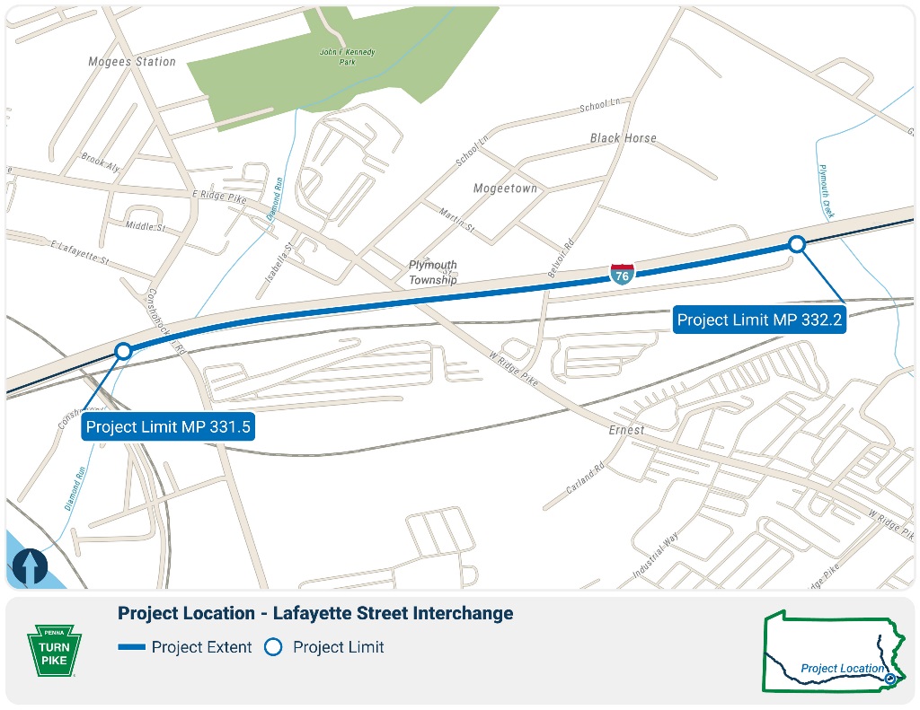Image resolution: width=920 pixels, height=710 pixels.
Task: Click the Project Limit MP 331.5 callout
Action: point(168,427)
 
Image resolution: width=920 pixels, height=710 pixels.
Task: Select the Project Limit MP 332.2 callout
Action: point(759,320)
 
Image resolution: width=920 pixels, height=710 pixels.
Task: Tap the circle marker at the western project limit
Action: point(124,351)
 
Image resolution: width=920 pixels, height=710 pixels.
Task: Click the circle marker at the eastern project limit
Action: point(796,243)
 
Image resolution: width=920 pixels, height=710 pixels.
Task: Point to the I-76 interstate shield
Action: point(622,274)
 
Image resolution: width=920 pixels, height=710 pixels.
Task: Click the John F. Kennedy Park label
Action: point(347,57)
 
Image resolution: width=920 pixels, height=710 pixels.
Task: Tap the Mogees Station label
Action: point(131,62)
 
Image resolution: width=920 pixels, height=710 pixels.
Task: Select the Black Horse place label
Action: point(624,138)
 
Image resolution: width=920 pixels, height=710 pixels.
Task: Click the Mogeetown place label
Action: point(505,188)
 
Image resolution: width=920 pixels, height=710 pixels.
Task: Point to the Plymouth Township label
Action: point(433,273)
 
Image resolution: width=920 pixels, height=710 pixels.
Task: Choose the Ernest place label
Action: point(625,430)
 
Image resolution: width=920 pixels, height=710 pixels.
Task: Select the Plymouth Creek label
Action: point(827,191)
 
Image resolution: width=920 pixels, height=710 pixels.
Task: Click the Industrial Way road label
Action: point(655,555)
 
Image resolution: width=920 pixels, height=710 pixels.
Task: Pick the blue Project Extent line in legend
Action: point(131,647)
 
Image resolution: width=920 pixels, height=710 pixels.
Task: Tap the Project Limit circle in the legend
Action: point(273,647)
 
